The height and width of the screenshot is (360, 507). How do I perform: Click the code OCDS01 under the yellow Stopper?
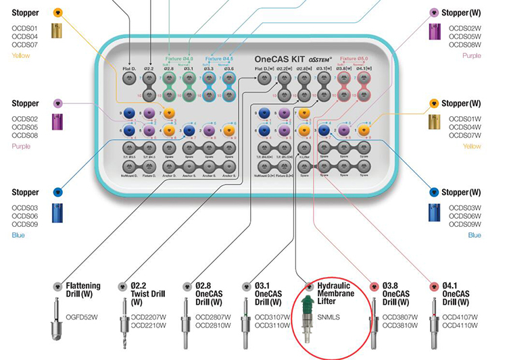(x=24, y=28)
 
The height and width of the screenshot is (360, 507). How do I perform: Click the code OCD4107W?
(x=462, y=317)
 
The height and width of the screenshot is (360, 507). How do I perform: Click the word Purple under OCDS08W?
(x=472, y=55)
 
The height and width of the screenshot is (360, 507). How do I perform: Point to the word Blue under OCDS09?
(x=18, y=235)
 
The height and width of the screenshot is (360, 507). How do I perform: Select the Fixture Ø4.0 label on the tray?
(x=178, y=59)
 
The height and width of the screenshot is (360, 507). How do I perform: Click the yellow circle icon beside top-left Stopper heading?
(x=58, y=13)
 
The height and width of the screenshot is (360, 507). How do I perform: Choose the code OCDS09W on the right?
(x=464, y=224)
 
